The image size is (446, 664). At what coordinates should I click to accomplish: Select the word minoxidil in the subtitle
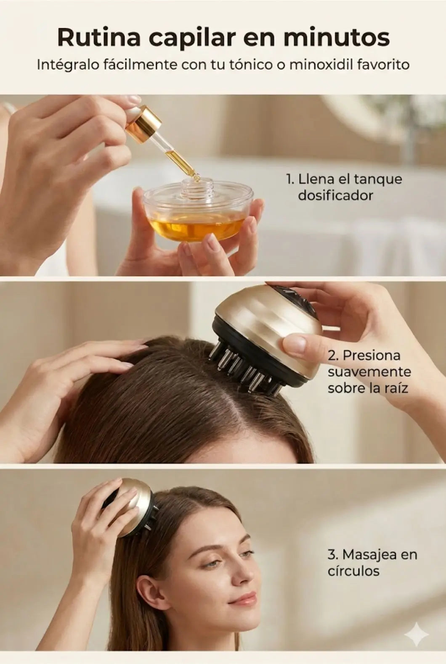tap(320, 65)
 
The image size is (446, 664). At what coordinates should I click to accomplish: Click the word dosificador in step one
tap(335, 196)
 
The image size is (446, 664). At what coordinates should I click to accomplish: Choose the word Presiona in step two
tap(372, 356)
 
